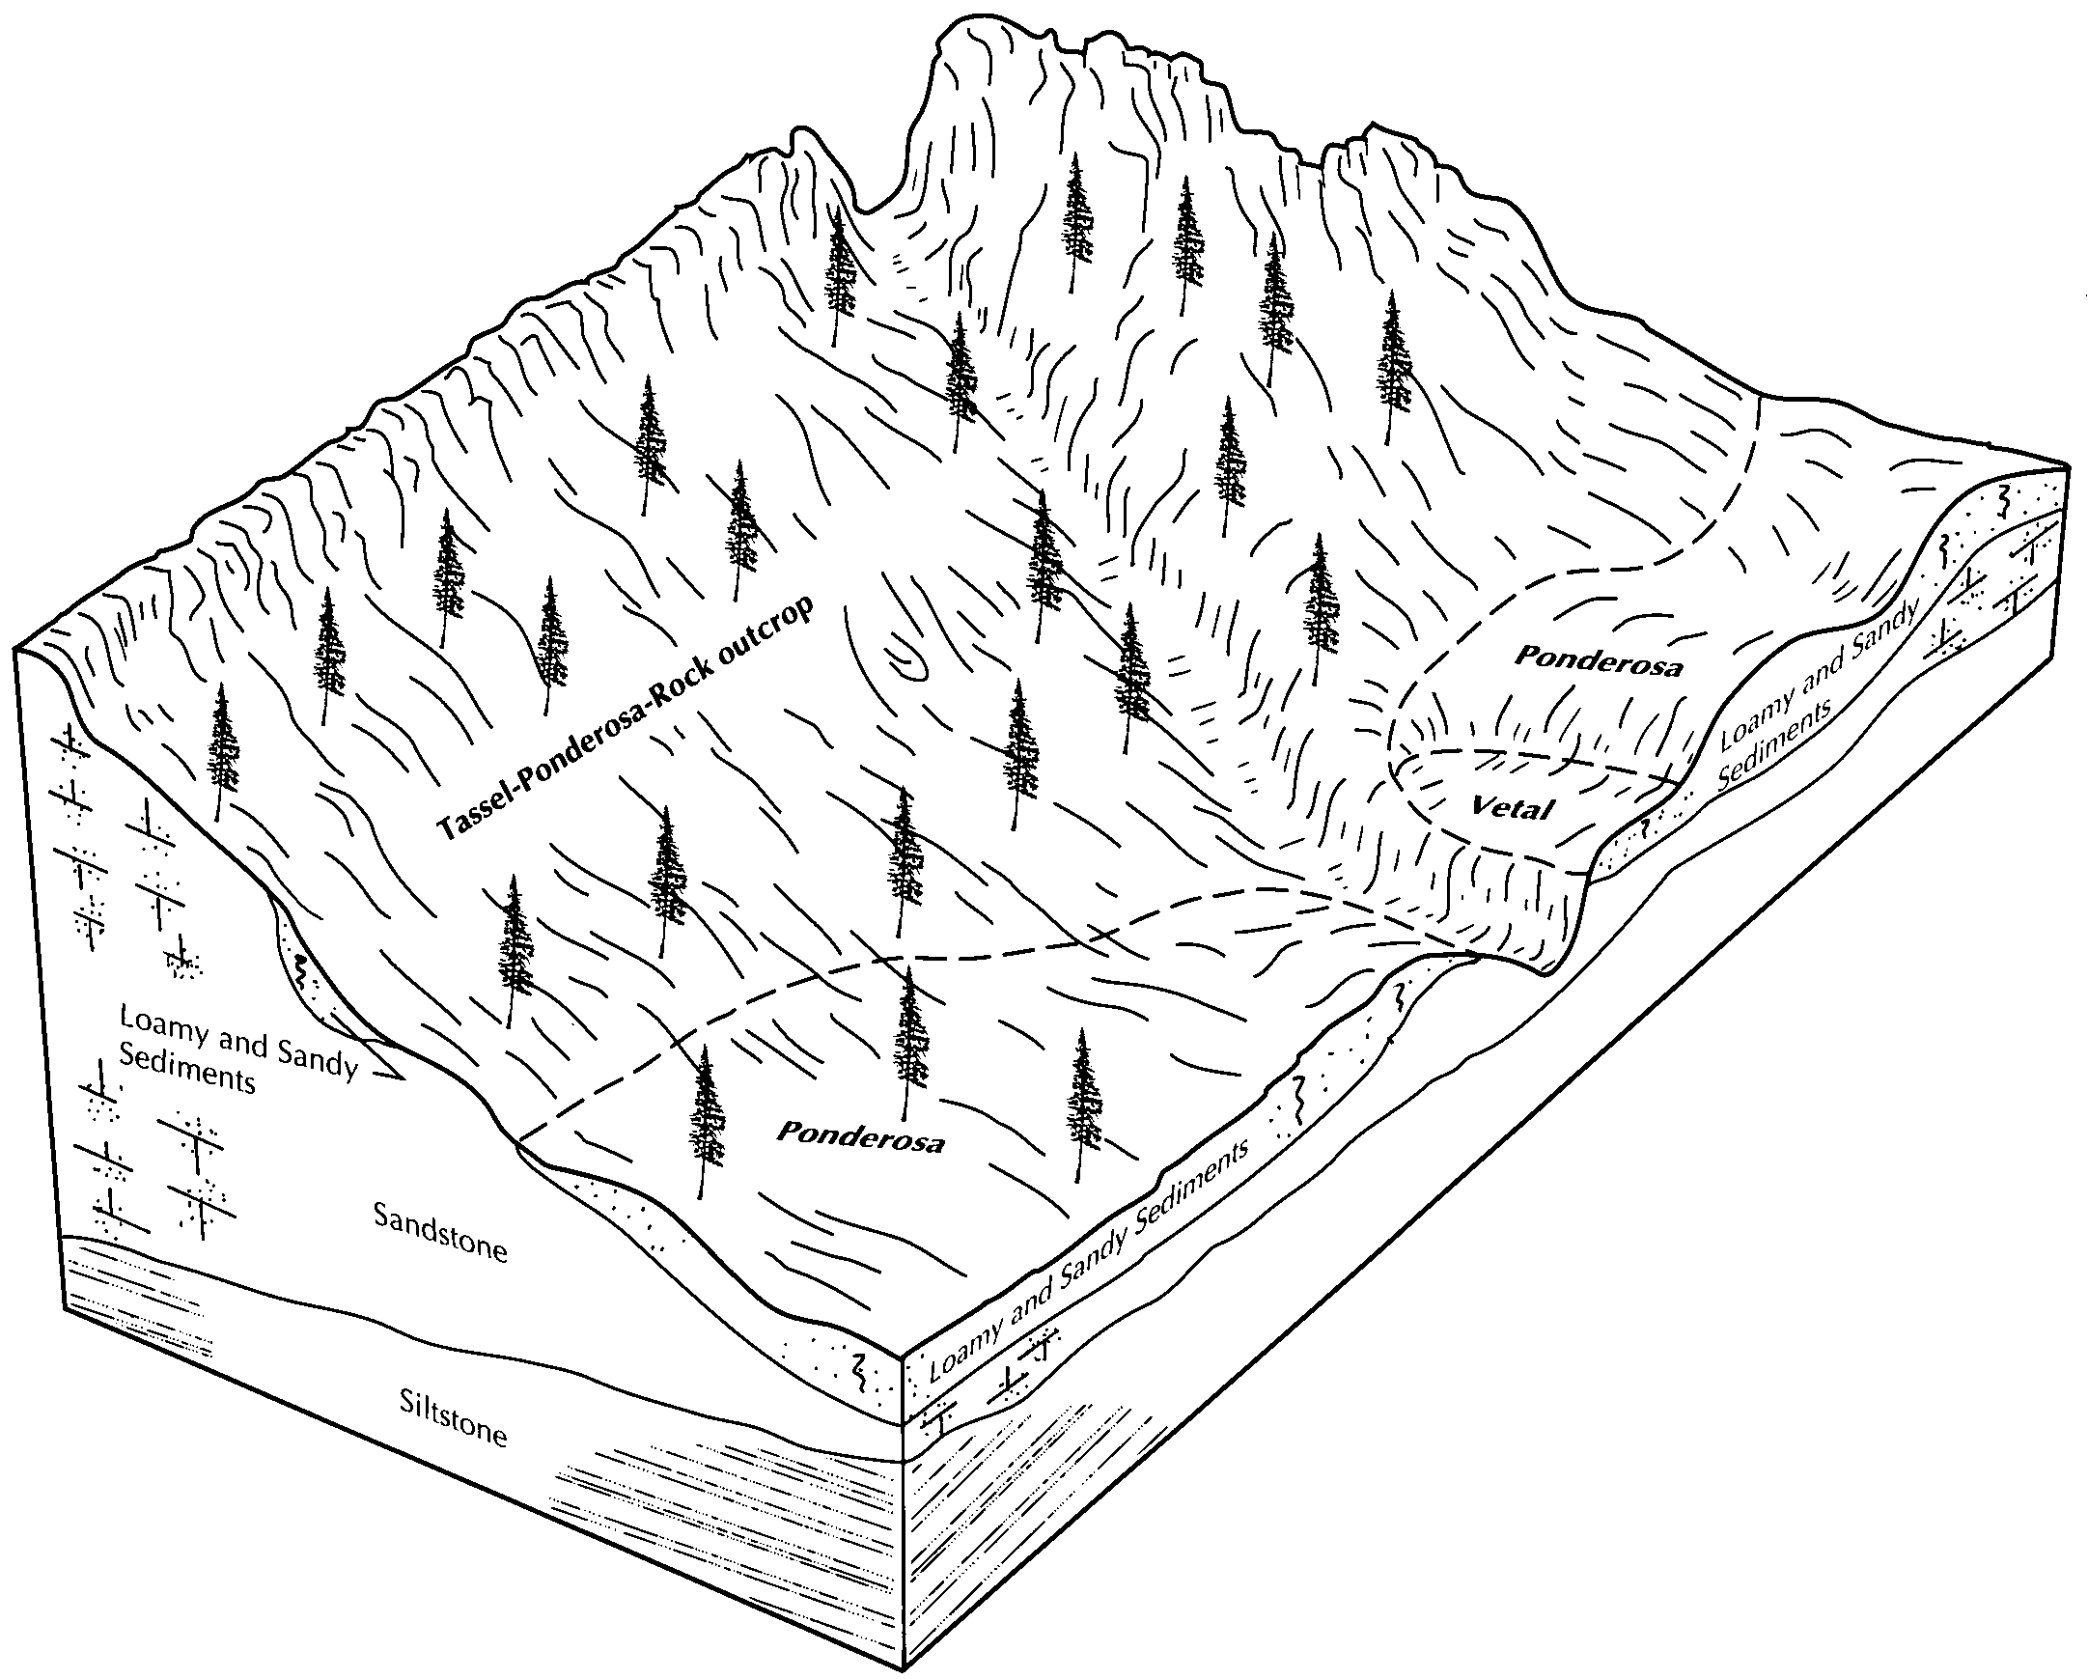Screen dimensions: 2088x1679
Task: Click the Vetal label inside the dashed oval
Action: [1512, 806]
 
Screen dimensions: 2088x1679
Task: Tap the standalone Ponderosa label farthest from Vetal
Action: [860, 1136]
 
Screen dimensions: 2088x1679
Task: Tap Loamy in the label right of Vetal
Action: [1757, 713]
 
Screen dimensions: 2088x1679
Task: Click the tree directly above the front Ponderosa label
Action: [907, 1042]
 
